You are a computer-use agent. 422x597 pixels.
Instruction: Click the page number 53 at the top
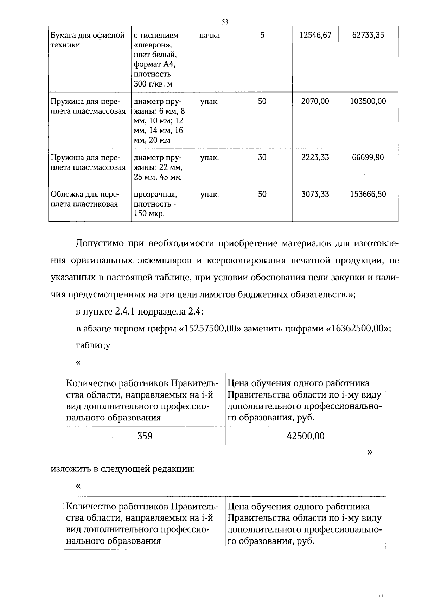[225, 22]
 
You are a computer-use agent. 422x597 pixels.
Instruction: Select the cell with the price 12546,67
[315, 35]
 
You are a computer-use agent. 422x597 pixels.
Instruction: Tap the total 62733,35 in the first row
[368, 35]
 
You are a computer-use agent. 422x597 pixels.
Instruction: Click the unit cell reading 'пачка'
[210, 35]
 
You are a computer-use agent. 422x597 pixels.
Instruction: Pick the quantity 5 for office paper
[262, 35]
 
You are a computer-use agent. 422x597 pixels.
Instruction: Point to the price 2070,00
[315, 101]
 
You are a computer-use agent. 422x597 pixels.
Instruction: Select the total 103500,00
[368, 101]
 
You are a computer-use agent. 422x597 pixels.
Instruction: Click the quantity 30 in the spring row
[262, 157]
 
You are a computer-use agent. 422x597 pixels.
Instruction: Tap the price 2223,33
[315, 157]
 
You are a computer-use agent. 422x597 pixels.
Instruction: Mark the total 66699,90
[368, 157]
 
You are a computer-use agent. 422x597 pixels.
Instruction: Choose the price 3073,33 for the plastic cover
[315, 194]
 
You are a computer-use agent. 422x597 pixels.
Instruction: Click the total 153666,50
[368, 194]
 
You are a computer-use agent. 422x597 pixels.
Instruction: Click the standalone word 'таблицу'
[93, 345]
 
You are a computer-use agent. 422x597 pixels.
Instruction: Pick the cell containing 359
[145, 436]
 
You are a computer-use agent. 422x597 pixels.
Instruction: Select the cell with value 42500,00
[306, 436]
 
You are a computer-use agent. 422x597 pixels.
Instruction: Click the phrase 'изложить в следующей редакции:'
[123, 469]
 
